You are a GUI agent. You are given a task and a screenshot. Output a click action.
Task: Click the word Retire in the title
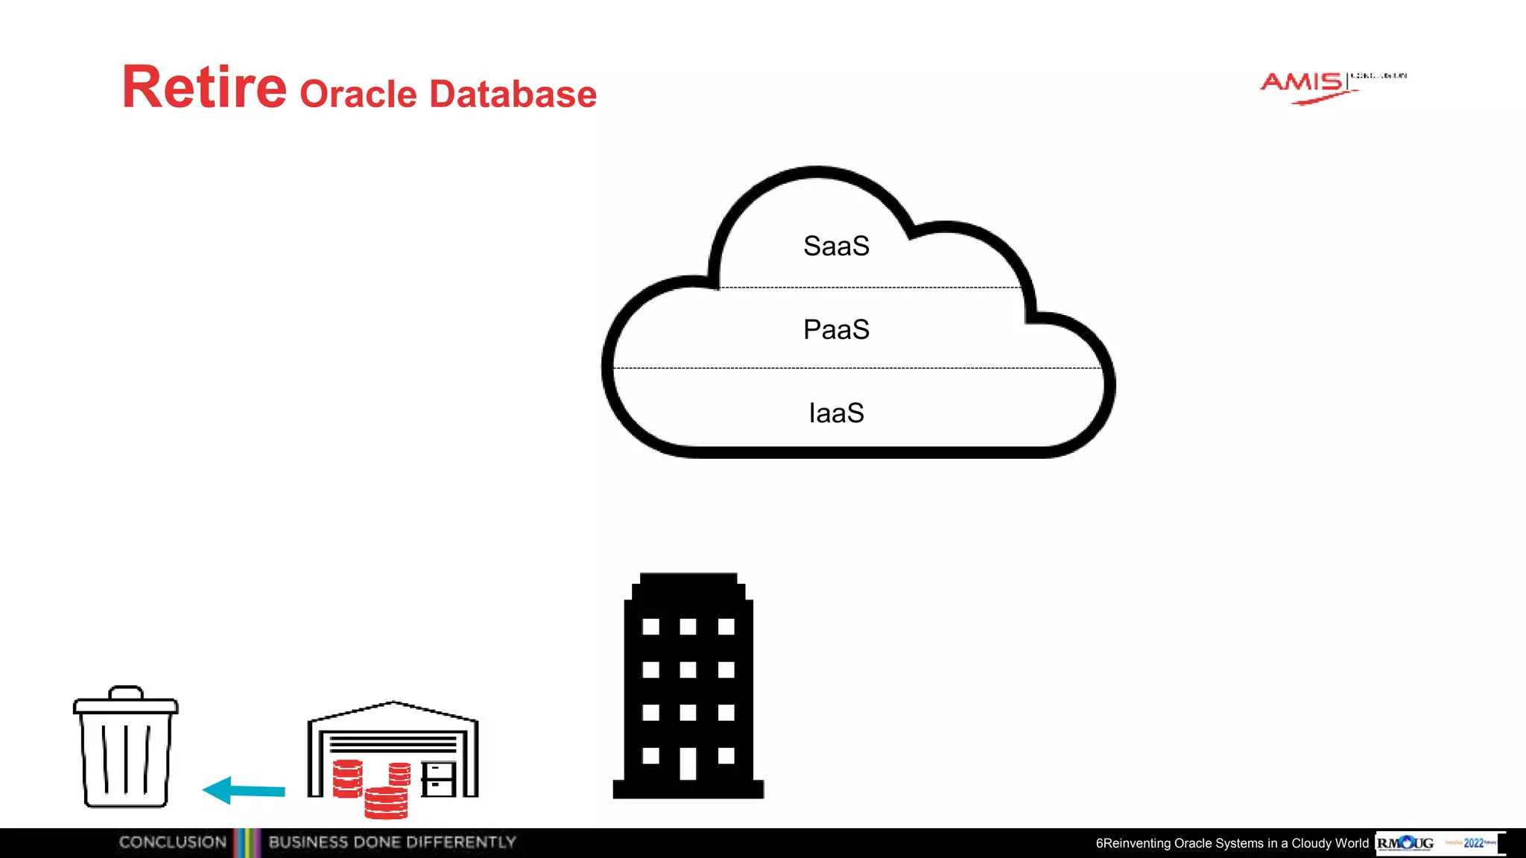click(204, 88)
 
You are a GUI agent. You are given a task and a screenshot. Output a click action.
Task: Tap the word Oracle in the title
click(358, 95)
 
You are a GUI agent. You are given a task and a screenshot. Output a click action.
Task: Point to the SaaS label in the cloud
click(836, 247)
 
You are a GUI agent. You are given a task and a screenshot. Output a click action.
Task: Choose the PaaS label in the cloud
click(836, 330)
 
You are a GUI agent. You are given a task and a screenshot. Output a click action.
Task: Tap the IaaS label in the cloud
click(836, 413)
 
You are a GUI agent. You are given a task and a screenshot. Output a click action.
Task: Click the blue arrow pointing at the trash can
click(244, 790)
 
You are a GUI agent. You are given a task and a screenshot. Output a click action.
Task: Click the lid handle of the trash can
click(125, 692)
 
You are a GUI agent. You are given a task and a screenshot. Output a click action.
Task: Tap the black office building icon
click(688, 686)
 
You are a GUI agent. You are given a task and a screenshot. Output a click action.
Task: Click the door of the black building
click(688, 763)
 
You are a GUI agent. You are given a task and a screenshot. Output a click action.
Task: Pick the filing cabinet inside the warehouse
click(438, 779)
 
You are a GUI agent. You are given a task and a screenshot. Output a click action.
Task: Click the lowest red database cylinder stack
click(386, 803)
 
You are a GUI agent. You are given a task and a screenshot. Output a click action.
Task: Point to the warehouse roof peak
click(393, 703)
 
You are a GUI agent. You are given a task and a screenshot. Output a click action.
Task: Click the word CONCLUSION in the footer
click(172, 842)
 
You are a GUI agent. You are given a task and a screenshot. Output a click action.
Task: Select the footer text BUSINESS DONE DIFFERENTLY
click(392, 842)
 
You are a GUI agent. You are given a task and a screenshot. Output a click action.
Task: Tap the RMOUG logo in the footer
click(1405, 843)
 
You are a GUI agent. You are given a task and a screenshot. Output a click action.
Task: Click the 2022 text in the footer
click(1473, 843)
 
